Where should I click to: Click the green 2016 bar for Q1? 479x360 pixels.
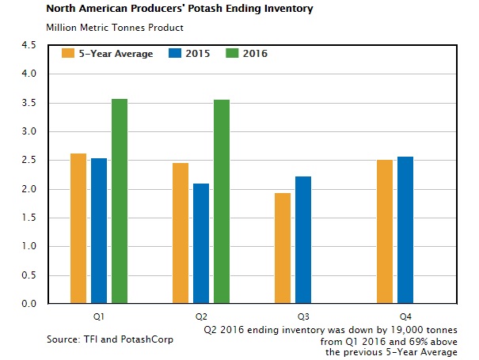point(120,201)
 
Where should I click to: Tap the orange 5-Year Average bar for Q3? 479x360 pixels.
point(283,248)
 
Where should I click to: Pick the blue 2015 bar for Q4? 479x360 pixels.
point(405,230)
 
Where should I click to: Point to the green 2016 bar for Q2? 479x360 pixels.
point(222,202)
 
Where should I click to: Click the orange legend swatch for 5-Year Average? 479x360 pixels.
point(68,55)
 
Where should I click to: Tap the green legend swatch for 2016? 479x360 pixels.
point(232,55)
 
